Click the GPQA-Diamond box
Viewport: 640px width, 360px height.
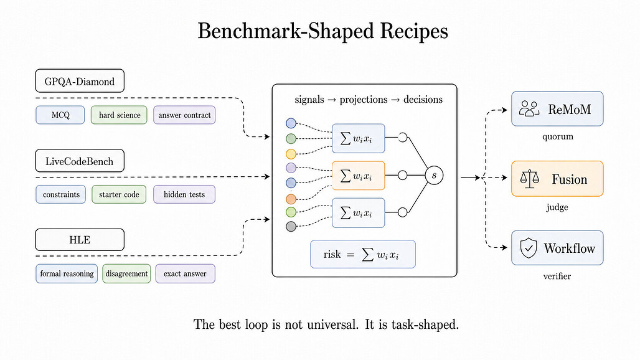pyautogui.click(x=80, y=81)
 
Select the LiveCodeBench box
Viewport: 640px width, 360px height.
pyautogui.click(x=80, y=161)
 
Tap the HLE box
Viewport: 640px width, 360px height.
pyautogui.click(x=80, y=240)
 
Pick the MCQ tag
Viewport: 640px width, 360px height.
pyautogui.click(x=60, y=115)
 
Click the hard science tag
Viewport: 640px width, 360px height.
pyautogui.click(x=119, y=115)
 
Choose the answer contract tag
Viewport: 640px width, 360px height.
pyautogui.click(x=184, y=115)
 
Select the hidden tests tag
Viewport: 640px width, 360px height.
pyautogui.click(x=184, y=194)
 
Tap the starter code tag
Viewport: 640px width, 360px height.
pyautogui.click(x=119, y=194)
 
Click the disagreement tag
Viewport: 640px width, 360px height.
pyautogui.click(x=126, y=273)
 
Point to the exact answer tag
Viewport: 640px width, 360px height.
pyautogui.click(x=185, y=273)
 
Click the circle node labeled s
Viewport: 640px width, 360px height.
pyautogui.click(x=434, y=176)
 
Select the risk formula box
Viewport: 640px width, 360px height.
pyautogui.click(x=363, y=254)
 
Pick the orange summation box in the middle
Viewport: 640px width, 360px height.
pyautogui.click(x=359, y=176)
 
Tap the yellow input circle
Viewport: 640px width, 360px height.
pyautogui.click(x=291, y=154)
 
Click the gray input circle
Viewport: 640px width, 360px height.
pyautogui.click(x=291, y=227)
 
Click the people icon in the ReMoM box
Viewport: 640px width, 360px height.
pyautogui.click(x=529, y=109)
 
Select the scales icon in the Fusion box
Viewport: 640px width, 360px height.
pyautogui.click(x=529, y=179)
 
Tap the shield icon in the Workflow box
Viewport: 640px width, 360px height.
pyautogui.click(x=528, y=248)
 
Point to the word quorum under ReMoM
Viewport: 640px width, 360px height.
pyautogui.click(x=558, y=137)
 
